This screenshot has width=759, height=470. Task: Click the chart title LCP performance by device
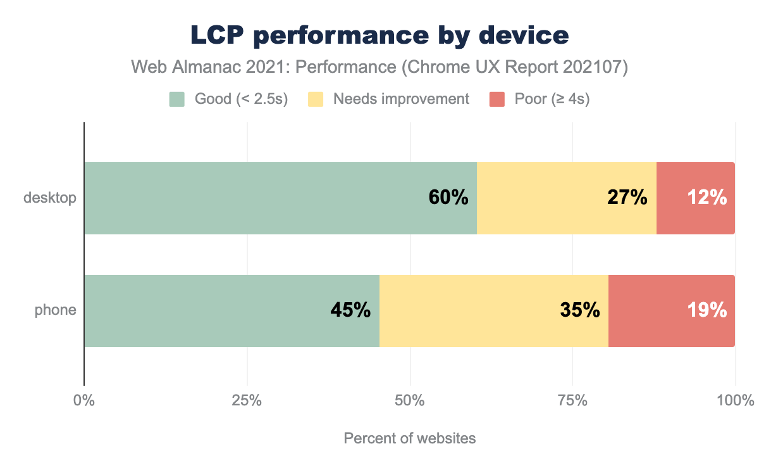point(379,36)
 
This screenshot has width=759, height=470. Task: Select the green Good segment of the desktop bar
point(253,198)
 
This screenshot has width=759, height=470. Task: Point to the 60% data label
point(448,198)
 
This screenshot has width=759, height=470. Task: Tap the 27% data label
point(627,198)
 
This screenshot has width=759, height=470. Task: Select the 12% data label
point(707,198)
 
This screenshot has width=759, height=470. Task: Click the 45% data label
point(350,310)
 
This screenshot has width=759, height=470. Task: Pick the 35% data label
point(579,310)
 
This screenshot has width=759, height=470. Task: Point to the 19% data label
point(707,310)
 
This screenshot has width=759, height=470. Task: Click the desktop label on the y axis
point(50,198)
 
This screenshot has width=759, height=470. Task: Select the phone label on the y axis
point(56,310)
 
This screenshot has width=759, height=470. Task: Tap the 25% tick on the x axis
point(247,401)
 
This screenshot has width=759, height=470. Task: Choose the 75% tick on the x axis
point(572,401)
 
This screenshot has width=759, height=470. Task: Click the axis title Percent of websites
point(409,438)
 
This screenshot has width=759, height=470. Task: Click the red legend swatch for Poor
point(497,99)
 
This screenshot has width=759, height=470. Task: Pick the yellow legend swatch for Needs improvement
point(316,99)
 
